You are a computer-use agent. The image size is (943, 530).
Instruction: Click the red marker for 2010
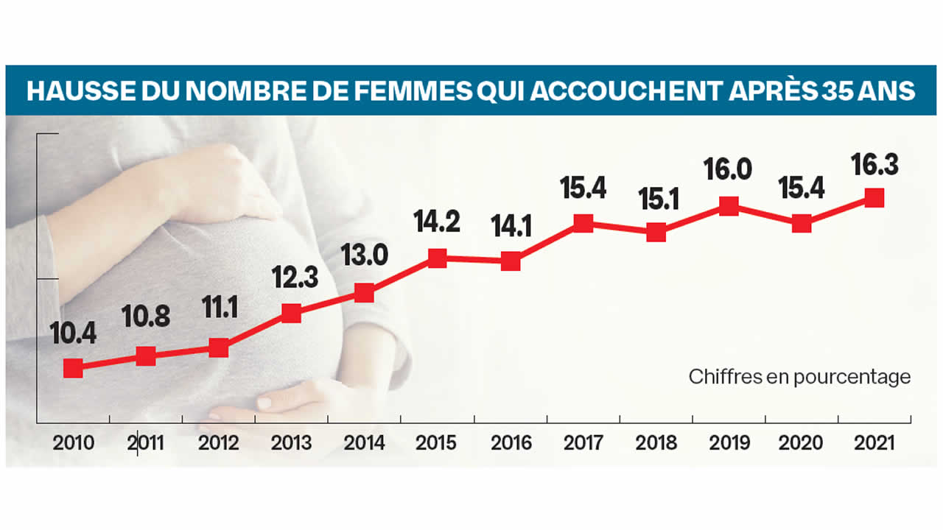[73, 368]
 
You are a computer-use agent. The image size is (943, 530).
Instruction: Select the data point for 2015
[438, 258]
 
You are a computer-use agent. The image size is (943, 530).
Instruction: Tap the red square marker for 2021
[874, 197]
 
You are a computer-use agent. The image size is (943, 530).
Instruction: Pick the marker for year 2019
[729, 206]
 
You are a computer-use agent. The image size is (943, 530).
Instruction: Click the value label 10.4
[72, 336]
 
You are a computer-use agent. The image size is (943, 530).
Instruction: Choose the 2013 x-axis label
[291, 444]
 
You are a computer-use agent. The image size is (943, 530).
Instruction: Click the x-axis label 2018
[656, 444]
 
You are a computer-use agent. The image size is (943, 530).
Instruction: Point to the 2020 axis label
[802, 444]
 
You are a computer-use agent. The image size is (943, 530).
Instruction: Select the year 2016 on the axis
[510, 444]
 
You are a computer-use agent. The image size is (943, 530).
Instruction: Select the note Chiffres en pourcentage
[799, 377]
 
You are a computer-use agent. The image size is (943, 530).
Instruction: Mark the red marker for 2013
[292, 314]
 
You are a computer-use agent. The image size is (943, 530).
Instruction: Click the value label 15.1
[655, 200]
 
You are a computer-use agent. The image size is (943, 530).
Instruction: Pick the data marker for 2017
[583, 223]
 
